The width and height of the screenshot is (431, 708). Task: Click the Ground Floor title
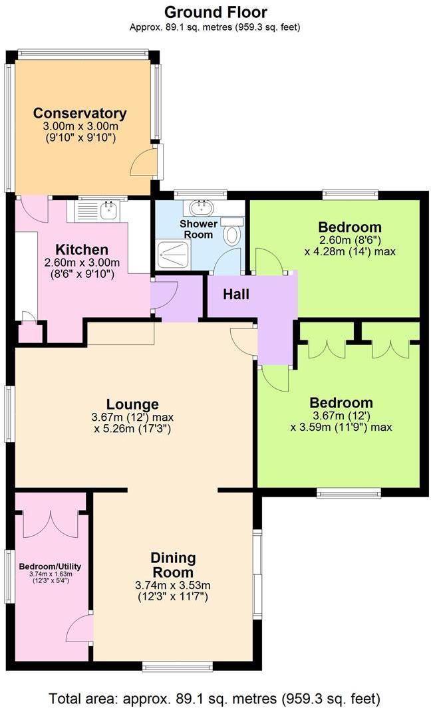215,12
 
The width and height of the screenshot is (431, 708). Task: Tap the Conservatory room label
80,113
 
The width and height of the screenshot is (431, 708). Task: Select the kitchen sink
107,211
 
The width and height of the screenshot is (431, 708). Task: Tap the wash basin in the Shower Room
200,207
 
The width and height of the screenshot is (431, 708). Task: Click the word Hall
236,294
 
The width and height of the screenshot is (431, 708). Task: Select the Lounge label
133,404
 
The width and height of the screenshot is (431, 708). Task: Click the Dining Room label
172,564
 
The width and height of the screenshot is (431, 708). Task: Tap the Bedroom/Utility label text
51,566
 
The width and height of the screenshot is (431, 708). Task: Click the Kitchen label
81,250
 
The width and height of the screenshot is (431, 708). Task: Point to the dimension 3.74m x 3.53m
172,586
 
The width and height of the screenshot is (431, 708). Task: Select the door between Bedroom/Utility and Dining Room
81,628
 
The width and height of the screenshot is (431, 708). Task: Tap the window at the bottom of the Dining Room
178,665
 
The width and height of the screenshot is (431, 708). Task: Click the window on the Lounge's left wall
9,413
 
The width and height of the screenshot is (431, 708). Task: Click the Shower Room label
198,229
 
